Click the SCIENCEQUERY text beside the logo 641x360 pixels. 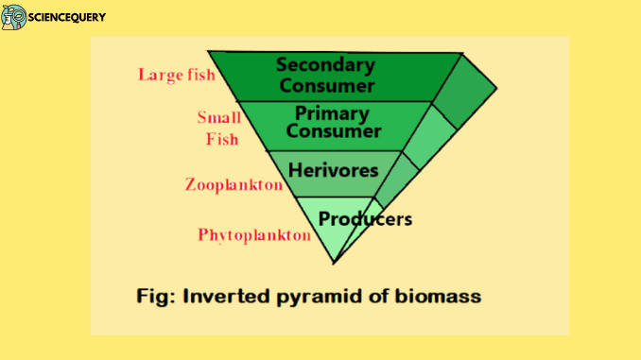click(x=67, y=17)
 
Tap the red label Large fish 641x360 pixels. click(x=177, y=74)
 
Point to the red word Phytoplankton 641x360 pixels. click(x=253, y=234)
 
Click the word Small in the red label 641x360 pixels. click(x=218, y=118)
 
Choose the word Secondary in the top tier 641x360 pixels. click(x=324, y=65)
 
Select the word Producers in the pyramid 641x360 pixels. click(x=365, y=219)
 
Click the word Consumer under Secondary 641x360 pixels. click(x=324, y=84)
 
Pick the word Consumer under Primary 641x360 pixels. click(x=333, y=131)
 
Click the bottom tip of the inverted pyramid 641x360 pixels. click(x=336, y=259)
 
